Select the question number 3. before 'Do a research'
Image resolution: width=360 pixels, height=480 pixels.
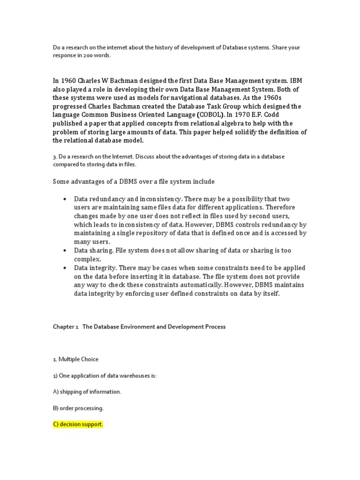[x=54, y=156]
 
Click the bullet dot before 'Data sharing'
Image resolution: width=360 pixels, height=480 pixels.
[x=64, y=251]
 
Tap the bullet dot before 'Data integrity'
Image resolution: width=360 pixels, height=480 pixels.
[x=64, y=268]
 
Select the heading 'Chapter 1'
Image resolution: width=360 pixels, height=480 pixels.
[x=65, y=327]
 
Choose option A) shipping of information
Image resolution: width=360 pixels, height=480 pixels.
[x=87, y=391]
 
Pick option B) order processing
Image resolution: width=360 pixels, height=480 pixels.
[x=78, y=408]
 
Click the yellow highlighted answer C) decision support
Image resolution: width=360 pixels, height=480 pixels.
[x=77, y=424]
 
